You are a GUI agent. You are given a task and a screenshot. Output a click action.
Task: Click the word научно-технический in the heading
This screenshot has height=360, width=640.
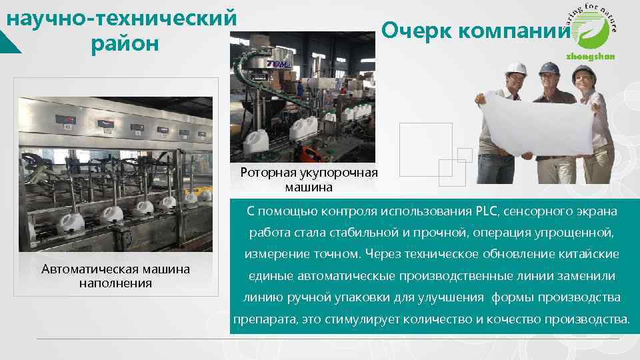pos(121,18)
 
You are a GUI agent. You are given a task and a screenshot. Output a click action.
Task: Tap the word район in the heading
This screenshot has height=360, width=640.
pos(125,44)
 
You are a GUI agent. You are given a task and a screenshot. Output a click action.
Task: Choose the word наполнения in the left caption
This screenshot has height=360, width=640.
pos(115,283)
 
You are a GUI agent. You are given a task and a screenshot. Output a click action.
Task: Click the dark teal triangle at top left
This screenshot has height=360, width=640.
pos(10,43)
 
